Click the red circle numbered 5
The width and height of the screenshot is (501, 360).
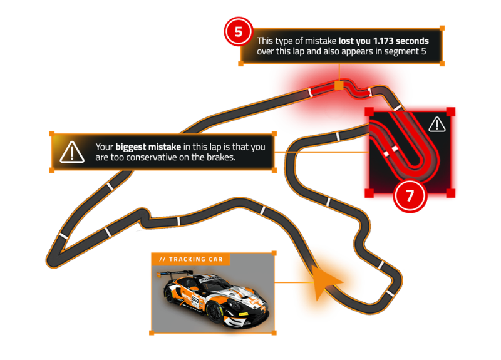tap(239, 31)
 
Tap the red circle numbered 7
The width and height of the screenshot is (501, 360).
tap(410, 195)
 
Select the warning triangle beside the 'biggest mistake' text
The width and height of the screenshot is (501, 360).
tap(73, 152)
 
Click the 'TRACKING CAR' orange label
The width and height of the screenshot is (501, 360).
tap(190, 259)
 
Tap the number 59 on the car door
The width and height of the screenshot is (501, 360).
tap(195, 299)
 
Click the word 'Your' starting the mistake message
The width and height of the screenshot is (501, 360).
tap(104, 147)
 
